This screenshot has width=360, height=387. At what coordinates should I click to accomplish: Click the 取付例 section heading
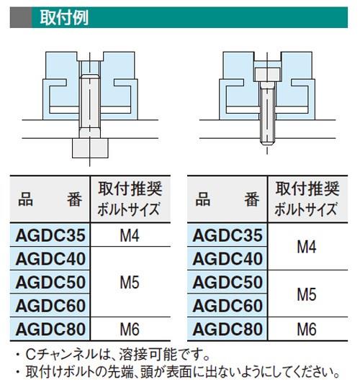(x=64, y=17)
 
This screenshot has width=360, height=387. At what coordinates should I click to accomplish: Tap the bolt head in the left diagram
(x=90, y=148)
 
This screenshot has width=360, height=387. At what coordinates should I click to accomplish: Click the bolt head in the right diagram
(x=267, y=74)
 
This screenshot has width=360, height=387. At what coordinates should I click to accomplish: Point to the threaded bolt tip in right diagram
(x=267, y=142)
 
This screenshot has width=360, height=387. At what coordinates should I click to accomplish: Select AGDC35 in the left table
(x=50, y=235)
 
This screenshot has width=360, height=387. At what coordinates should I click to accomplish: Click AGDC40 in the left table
(x=50, y=259)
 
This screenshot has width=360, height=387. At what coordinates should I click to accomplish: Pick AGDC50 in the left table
(x=50, y=282)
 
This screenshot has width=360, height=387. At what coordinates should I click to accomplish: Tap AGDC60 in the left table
(x=50, y=306)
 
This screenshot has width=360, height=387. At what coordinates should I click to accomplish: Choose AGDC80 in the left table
(x=50, y=329)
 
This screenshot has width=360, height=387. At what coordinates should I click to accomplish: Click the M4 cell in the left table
(x=130, y=235)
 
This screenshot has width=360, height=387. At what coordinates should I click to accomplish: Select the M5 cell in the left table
(x=130, y=283)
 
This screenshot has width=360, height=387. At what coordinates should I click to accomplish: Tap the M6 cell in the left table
(x=130, y=329)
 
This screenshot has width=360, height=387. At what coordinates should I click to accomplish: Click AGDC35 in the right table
(x=228, y=235)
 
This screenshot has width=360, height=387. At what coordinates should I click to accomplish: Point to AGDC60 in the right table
(x=228, y=306)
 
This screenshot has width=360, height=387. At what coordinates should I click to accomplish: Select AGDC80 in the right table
(x=228, y=329)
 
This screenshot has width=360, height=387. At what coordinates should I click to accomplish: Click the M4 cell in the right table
(x=307, y=247)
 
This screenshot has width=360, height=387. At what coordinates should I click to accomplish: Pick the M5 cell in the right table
(x=307, y=294)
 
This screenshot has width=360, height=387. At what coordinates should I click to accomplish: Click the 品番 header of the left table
(x=50, y=199)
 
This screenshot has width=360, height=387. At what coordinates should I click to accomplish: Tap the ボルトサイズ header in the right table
(x=306, y=209)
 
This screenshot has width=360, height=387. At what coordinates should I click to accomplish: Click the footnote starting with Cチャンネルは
(x=113, y=355)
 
